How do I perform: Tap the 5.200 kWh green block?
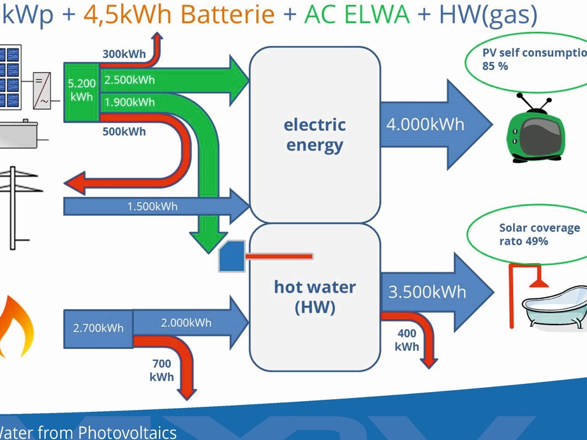click(81, 90)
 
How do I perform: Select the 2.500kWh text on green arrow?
click(130, 80)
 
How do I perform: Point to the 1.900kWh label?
click(130, 101)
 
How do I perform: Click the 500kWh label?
click(124, 132)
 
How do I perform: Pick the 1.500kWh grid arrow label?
click(152, 206)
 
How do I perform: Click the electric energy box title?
click(315, 135)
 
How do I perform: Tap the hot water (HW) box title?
click(315, 297)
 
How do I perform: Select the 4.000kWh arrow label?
click(425, 124)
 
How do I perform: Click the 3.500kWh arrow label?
click(427, 293)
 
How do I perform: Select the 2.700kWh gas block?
click(98, 328)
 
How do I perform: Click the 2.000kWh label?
click(186, 323)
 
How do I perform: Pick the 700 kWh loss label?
click(161, 370)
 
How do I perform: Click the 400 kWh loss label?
click(407, 340)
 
